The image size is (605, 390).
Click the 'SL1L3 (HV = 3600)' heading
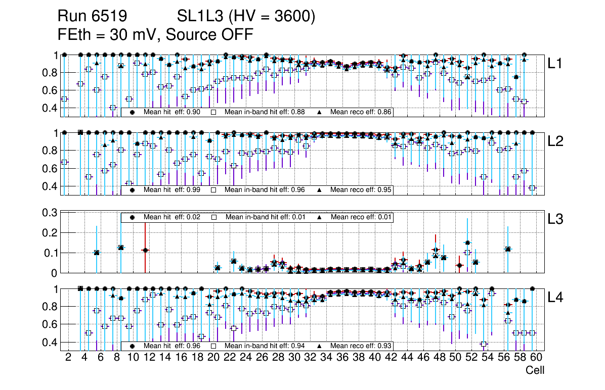point(246,17)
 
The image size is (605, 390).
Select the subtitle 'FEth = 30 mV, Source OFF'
point(155,35)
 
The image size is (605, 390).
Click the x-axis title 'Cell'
point(535,370)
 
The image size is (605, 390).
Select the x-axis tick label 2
point(68,358)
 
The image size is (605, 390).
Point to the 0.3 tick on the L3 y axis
point(49,213)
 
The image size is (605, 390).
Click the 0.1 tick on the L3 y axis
point(49,253)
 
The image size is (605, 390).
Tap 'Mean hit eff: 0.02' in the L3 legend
point(172,217)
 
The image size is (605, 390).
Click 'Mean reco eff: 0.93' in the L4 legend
point(361,346)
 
